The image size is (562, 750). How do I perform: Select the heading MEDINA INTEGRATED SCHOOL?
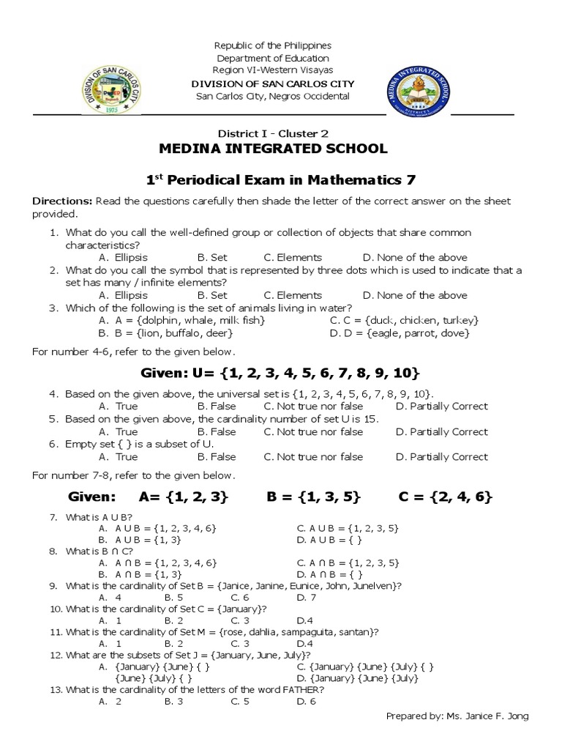[274, 149]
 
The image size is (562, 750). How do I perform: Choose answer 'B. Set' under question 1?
[212, 258]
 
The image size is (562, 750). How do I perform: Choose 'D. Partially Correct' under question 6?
[441, 457]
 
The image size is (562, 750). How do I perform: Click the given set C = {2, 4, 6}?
[445, 497]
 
